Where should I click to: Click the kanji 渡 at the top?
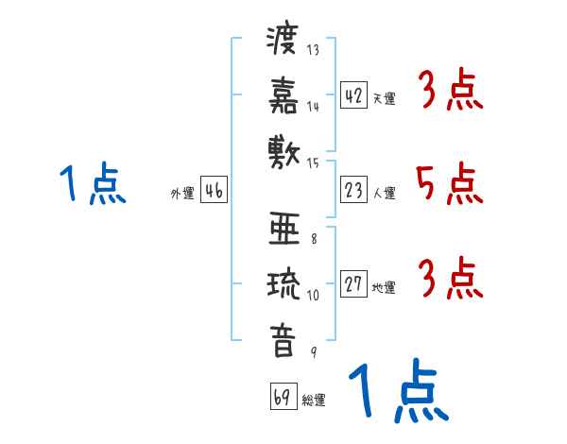point(283,40)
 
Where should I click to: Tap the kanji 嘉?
point(283,95)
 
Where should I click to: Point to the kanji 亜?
point(284,229)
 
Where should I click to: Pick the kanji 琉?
point(283,283)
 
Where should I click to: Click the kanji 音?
point(283,341)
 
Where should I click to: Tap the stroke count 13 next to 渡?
point(313,49)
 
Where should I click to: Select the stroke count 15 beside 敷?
point(313,163)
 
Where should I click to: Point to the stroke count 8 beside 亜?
point(314,239)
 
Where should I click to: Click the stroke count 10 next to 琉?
point(313,295)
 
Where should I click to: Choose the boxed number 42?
point(353,95)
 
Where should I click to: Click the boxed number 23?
point(353,190)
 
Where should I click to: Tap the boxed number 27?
point(353,283)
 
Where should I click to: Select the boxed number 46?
point(214,190)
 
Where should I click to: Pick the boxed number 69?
point(283,396)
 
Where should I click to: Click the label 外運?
point(182,193)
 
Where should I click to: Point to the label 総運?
point(314,400)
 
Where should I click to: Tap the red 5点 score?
point(450,183)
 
